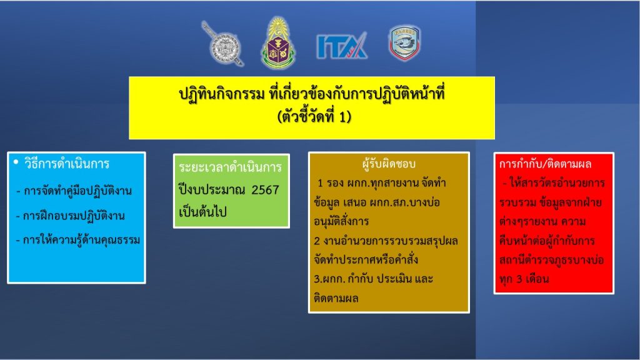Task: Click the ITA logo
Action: click(342, 46)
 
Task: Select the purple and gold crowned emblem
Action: click(278, 43)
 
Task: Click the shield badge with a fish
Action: click(404, 43)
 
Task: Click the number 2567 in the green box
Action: click(265, 190)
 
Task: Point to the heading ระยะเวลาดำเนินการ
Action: click(230, 167)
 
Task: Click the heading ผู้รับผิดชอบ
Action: click(389, 164)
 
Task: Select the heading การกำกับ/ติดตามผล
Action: click(545, 164)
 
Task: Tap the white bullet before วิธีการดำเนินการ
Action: click(16, 162)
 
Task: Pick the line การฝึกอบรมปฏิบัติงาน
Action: click(70, 216)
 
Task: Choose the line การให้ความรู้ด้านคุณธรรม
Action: click(78, 239)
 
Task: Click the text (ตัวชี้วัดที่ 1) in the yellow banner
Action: click(314, 117)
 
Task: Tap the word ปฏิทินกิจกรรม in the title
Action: click(222, 94)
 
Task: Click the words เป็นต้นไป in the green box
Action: click(202, 212)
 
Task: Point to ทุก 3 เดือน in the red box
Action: click(524, 279)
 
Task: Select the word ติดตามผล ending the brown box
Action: click(336, 298)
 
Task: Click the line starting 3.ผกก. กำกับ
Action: click(373, 279)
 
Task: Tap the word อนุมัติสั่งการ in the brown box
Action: click(341, 221)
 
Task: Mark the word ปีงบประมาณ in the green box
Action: click(212, 190)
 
